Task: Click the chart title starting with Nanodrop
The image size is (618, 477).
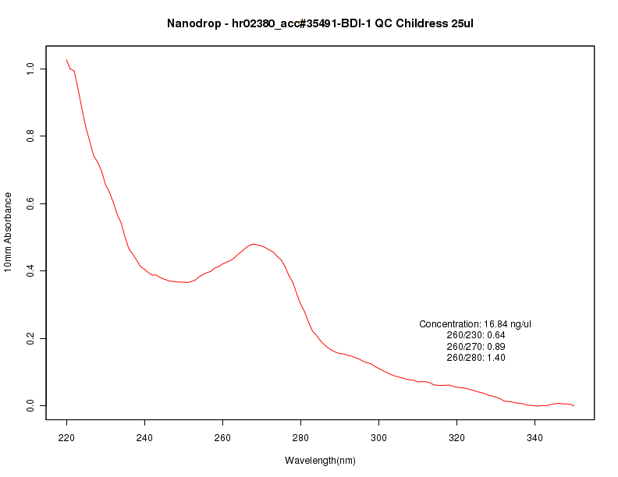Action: click(320, 23)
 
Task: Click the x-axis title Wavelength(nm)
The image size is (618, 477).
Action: click(320, 461)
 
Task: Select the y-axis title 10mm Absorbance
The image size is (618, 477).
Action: click(8, 232)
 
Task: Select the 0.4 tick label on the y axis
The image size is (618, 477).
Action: click(32, 271)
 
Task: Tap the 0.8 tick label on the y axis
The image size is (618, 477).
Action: click(32, 136)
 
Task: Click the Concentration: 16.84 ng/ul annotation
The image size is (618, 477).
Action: click(476, 324)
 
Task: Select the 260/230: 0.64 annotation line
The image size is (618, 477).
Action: click(476, 335)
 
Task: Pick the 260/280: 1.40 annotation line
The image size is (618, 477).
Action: click(476, 358)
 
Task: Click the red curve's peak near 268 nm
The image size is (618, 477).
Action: click(254, 244)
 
